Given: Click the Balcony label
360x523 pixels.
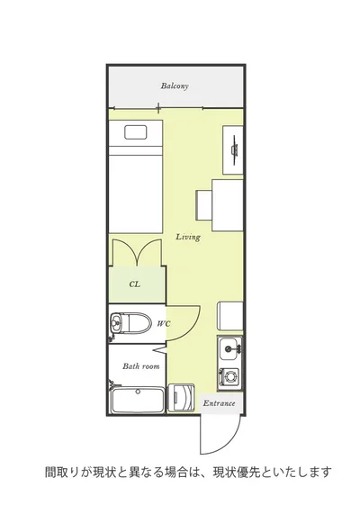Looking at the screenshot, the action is pos(175,86).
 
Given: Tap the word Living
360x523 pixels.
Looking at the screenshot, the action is pos(188,237).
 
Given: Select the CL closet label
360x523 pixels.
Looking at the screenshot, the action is pos(135,284).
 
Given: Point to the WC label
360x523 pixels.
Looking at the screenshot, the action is pos(164,323).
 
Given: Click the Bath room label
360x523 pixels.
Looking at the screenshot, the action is pos(141,366).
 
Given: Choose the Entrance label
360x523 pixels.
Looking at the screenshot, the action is pos(219,403).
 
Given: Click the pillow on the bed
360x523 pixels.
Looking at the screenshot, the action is pos(136,132).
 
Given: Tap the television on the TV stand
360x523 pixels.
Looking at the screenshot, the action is pos(235,149).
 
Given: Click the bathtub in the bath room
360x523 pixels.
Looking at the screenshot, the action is pos(138,400).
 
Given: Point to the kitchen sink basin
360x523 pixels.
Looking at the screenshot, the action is pos(229,348).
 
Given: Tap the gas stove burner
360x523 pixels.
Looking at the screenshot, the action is pos(229,377).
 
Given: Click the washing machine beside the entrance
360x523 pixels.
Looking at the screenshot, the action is pos(180,398).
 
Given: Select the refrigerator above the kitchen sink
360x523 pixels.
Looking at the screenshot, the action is pos(230,316).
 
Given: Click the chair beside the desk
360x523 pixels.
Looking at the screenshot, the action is pos(204,205).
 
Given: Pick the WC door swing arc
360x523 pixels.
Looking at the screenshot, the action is pos(190,329).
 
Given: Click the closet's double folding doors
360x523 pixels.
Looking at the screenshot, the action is pos(137,252).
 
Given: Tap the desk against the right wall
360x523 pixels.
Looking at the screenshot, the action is pos(228,205).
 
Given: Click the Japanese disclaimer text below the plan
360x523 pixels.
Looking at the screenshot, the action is pos(188,473).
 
